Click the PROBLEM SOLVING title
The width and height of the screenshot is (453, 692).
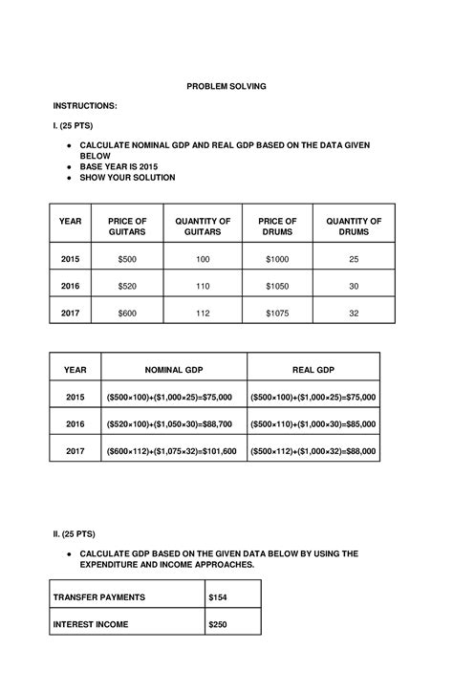(x=226, y=86)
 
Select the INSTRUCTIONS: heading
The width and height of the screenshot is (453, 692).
(x=85, y=105)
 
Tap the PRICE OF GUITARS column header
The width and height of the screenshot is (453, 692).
(x=127, y=227)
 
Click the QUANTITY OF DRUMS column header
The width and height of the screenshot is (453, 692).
(x=354, y=227)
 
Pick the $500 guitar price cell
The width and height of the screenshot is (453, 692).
(x=127, y=259)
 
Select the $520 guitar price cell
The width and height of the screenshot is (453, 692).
(x=127, y=286)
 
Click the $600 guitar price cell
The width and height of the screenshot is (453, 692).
(x=127, y=313)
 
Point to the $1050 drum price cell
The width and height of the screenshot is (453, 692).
(x=277, y=286)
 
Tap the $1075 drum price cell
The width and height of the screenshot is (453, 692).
(x=277, y=313)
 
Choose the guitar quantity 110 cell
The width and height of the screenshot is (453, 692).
(x=203, y=286)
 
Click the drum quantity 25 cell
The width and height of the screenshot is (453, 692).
(x=354, y=259)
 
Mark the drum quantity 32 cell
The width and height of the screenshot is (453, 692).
(x=354, y=313)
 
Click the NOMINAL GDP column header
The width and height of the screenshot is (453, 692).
(x=173, y=369)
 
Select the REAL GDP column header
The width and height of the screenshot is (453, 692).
(x=313, y=369)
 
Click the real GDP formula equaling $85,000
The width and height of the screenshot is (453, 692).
(x=313, y=423)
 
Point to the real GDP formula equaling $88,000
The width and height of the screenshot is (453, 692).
(x=313, y=450)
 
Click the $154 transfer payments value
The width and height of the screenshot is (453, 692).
(x=220, y=597)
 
